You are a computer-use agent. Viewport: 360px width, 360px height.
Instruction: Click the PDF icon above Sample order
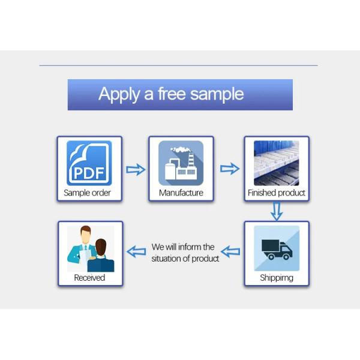pyautogui.click(x=89, y=163)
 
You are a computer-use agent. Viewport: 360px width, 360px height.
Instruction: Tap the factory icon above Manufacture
pyautogui.click(x=181, y=163)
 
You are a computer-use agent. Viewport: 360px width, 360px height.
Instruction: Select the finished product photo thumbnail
pyautogui.click(x=276, y=163)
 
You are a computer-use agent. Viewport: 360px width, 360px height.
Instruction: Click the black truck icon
pyautogui.click(x=277, y=248)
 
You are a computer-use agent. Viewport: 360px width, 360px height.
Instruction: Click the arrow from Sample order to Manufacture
pyautogui.click(x=136, y=169)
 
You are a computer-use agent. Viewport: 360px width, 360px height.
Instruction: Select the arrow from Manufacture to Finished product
pyautogui.click(x=230, y=169)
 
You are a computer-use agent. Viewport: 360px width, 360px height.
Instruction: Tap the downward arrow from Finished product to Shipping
pyautogui.click(x=276, y=211)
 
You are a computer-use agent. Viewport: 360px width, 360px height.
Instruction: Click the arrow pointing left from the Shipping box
pyautogui.click(x=230, y=251)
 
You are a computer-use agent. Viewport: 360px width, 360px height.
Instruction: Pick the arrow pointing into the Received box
pyautogui.click(x=136, y=251)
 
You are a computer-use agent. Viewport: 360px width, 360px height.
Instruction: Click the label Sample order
pyautogui.click(x=88, y=193)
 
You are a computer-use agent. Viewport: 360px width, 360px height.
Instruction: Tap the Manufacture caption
pyautogui.click(x=181, y=193)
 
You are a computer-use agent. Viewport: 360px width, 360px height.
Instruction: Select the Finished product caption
pyautogui.click(x=277, y=193)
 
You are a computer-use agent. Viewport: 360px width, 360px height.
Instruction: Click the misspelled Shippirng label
pyautogui.click(x=277, y=278)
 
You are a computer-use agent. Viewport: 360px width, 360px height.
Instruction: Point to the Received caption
pyautogui.click(x=89, y=278)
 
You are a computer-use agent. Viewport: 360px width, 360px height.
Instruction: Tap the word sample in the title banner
pyautogui.click(x=217, y=94)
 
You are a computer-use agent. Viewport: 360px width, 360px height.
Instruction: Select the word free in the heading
pyautogui.click(x=172, y=94)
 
